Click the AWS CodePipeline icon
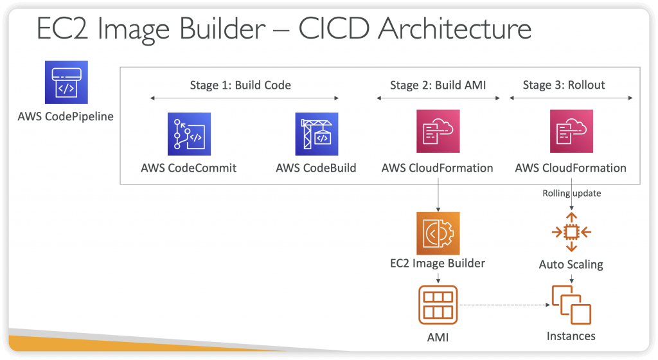[x=66, y=82]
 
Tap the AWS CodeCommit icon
[x=190, y=134]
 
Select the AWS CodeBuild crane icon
[x=317, y=134]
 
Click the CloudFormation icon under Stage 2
[x=438, y=131]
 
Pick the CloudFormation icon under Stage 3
[x=571, y=131]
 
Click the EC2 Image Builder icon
[x=438, y=233]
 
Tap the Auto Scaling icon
[x=571, y=232]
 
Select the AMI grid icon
[x=438, y=305]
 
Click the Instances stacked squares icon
[x=571, y=305]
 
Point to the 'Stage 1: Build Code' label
[x=240, y=85]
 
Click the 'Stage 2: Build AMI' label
[x=438, y=85]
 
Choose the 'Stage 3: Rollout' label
[x=564, y=85]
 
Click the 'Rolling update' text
[x=571, y=193]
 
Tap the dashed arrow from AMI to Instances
[x=504, y=305]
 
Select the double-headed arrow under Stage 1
[x=245, y=98]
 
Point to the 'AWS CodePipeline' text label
[x=66, y=116]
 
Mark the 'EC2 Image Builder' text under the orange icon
[x=438, y=263]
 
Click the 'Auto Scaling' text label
[x=571, y=264]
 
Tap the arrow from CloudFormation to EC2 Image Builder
[x=438, y=195]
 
